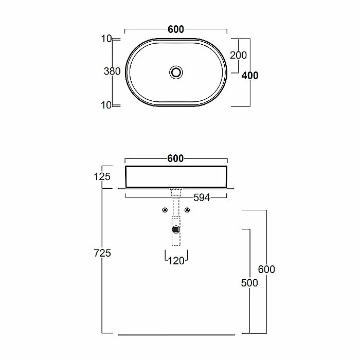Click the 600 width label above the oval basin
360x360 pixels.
tap(176, 29)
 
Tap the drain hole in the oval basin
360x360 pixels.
tap(176, 73)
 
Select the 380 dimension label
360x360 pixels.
tap(112, 71)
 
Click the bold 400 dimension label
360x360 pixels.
tap(250, 75)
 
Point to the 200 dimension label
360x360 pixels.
tap(238, 55)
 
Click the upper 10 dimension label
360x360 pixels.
tap(106, 39)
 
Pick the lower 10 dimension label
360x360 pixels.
tap(106, 105)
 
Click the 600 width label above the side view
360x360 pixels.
tap(176, 158)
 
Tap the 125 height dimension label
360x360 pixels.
tap(102, 176)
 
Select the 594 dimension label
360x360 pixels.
tap(202, 197)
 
